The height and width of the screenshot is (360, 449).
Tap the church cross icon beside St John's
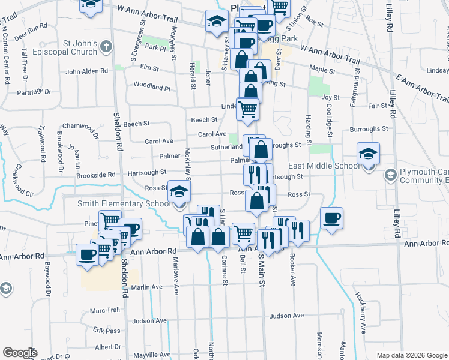106,46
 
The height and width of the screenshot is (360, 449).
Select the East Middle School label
324,166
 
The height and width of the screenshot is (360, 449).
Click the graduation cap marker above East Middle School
368,154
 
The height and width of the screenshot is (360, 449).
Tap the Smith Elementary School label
124,204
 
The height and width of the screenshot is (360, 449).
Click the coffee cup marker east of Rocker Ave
331,218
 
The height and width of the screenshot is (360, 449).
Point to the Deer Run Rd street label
31,27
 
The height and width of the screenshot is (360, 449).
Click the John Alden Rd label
86,71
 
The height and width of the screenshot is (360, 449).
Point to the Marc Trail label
105,311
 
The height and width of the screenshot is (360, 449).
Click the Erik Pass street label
107,331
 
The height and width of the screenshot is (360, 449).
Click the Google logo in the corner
20,353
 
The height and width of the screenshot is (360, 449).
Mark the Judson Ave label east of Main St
287,316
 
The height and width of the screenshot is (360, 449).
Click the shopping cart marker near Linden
247,109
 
